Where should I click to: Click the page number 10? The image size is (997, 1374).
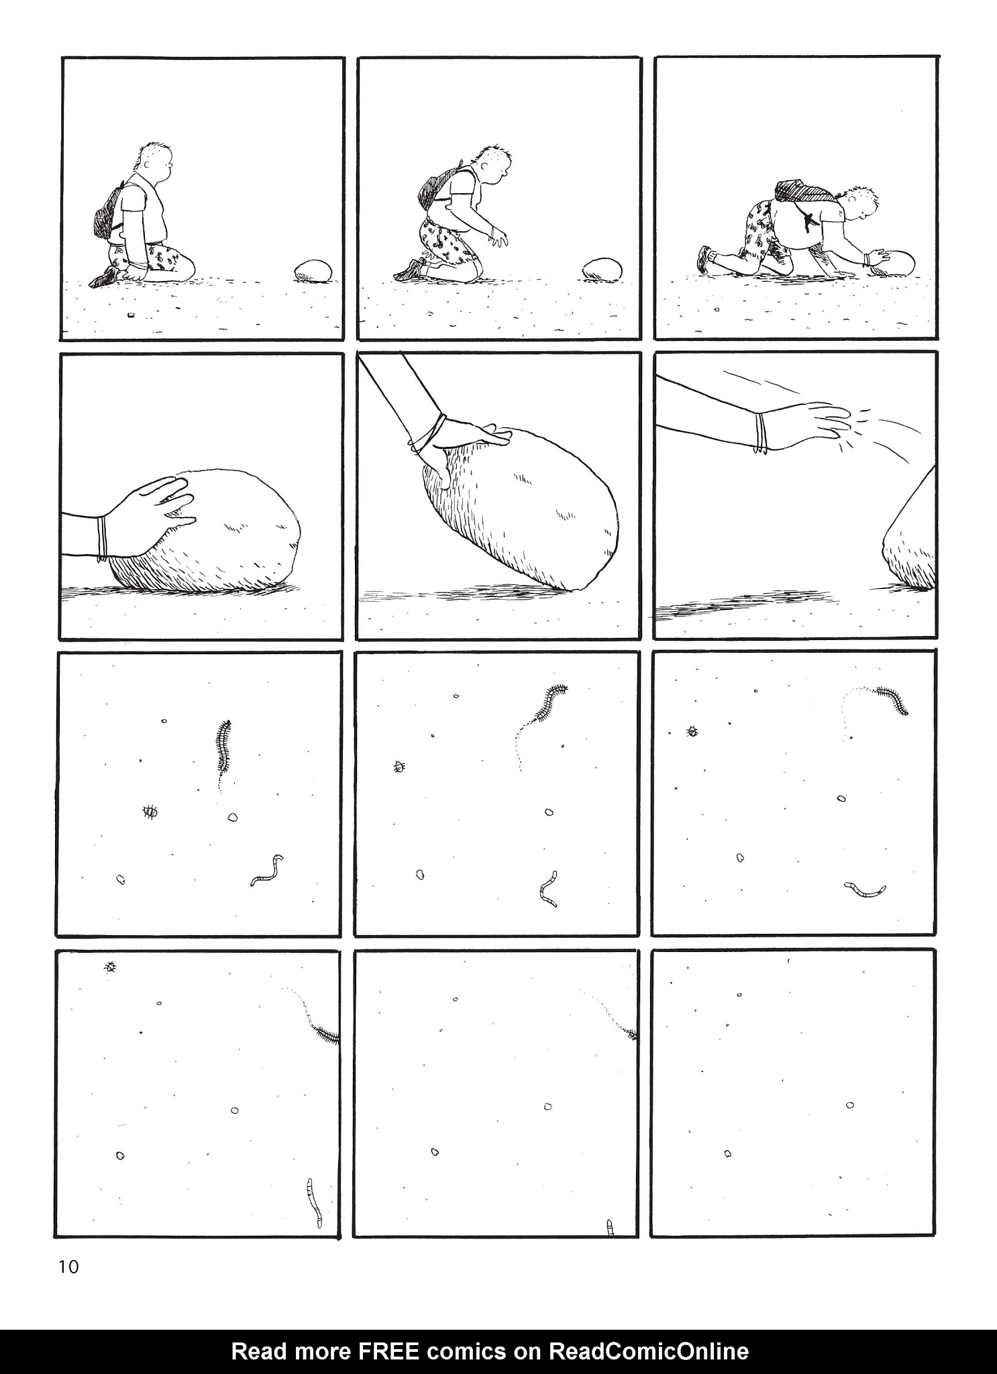(x=68, y=1267)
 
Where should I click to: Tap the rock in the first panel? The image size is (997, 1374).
(x=313, y=271)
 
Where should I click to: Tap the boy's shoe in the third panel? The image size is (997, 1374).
(x=705, y=258)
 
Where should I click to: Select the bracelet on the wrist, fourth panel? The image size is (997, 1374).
(x=101, y=538)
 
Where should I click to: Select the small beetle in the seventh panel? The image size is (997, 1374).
(x=150, y=812)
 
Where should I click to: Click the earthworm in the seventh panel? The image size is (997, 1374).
(x=267, y=870)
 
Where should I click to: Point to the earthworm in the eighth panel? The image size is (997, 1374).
(x=549, y=888)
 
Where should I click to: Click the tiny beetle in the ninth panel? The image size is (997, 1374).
(x=691, y=731)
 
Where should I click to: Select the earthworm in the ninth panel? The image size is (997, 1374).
(x=865, y=890)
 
